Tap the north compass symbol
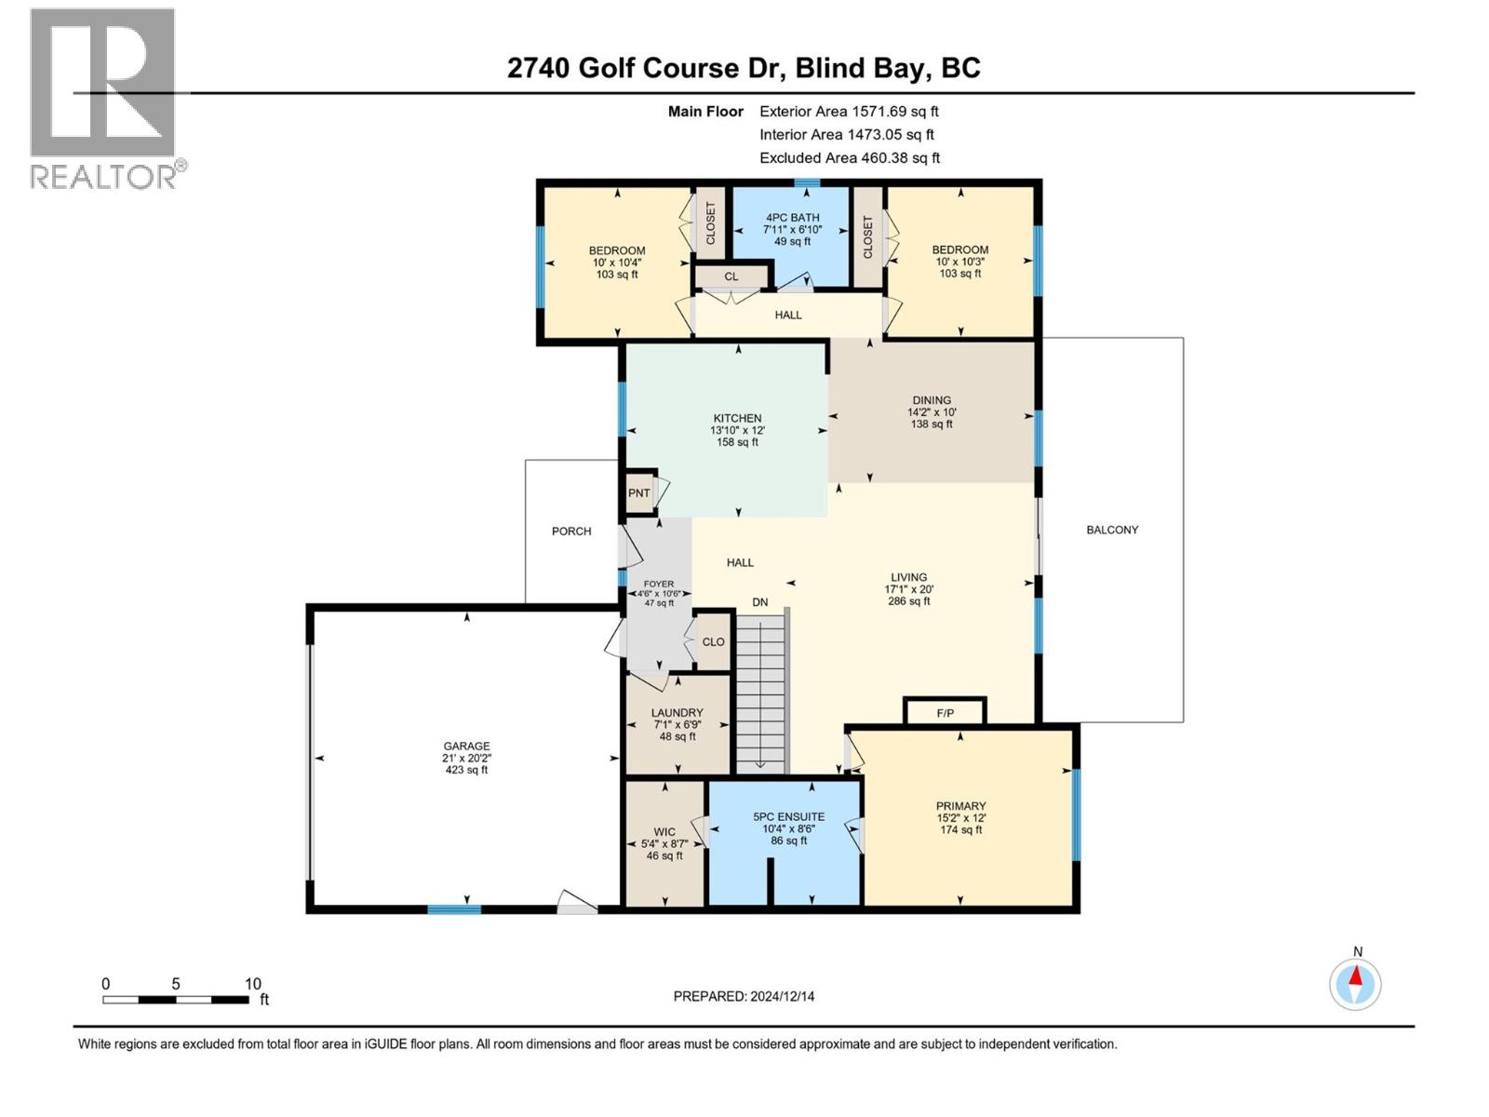pyautogui.click(x=1355, y=984)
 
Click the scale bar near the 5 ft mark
pyautogui.click(x=175, y=999)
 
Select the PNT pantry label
pyautogui.click(x=638, y=493)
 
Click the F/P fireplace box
pyautogui.click(x=945, y=713)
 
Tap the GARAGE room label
pyautogui.click(x=466, y=746)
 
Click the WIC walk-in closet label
pyautogui.click(x=664, y=832)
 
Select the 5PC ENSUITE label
pyautogui.click(x=788, y=816)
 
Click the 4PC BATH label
pyautogui.click(x=792, y=218)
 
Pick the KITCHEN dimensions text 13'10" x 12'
pyautogui.click(x=737, y=431)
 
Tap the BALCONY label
pyautogui.click(x=1112, y=530)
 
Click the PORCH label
pyautogui.click(x=571, y=532)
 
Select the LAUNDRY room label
pyautogui.click(x=677, y=713)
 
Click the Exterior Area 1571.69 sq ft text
pyautogui.click(x=849, y=111)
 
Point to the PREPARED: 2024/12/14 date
pyautogui.click(x=744, y=996)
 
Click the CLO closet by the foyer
pyautogui.click(x=714, y=641)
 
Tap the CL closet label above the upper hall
pyautogui.click(x=731, y=276)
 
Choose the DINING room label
pyautogui.click(x=932, y=400)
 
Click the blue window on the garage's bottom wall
pyautogui.click(x=454, y=909)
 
